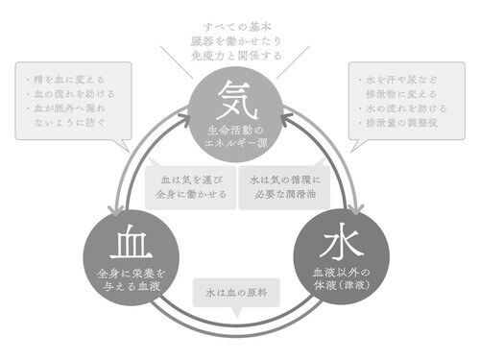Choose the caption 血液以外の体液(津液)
point(343,277)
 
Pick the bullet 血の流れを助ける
point(68,94)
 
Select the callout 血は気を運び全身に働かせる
point(190,186)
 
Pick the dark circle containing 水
point(343,252)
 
